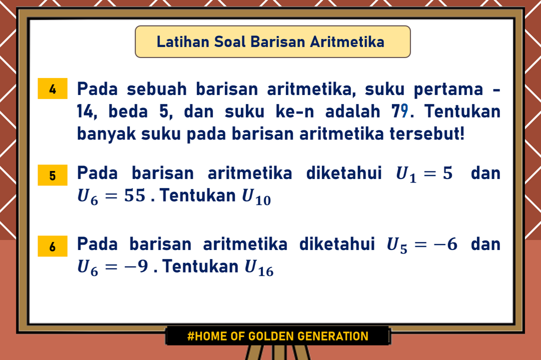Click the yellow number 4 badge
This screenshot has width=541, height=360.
click(x=52, y=90)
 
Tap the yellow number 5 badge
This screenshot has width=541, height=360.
click(x=52, y=176)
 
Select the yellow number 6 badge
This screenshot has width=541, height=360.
click(x=52, y=247)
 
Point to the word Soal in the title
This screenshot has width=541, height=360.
click(x=228, y=41)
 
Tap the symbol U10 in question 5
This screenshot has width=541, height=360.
click(x=256, y=196)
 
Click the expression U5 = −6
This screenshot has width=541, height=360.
click(x=422, y=245)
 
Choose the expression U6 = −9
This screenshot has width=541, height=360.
click(x=113, y=267)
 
